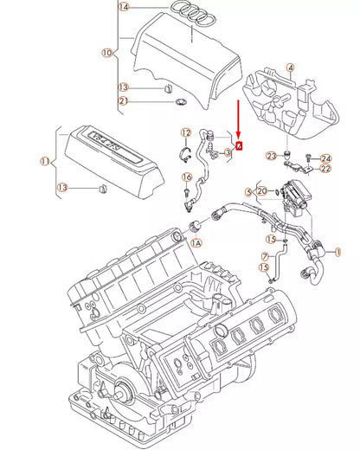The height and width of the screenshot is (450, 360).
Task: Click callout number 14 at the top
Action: [123, 7]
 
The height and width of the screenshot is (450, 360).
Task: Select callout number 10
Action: [106, 52]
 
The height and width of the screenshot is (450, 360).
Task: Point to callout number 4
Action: [290, 67]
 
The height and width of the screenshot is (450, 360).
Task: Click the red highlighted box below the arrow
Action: [240, 145]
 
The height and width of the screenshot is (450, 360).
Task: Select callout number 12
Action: [185, 132]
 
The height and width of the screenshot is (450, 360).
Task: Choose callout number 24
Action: [325, 158]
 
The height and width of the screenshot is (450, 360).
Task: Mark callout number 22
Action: [325, 169]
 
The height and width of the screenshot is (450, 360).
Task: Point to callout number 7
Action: [267, 256]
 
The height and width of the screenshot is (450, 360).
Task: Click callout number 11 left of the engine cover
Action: [44, 161]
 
